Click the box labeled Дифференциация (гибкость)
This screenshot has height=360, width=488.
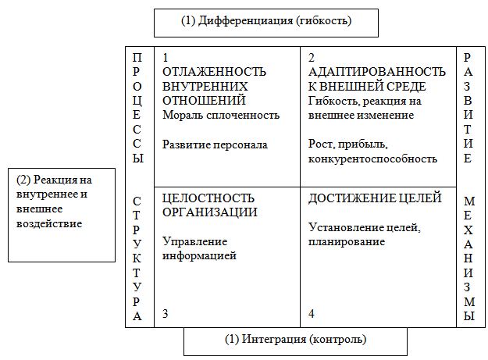coord(265,22)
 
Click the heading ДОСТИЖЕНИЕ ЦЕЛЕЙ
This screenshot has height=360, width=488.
coord(375,198)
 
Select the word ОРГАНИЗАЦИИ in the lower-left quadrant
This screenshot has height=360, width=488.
coord(210,212)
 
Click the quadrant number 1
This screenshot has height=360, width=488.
coord(166,58)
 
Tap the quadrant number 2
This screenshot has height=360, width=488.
coord(312,58)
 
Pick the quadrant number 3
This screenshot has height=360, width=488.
coord(166,313)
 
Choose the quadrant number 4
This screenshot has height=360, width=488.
coord(312,313)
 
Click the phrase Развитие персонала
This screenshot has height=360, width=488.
coord(215,144)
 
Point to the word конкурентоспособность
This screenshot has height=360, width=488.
coord(372,159)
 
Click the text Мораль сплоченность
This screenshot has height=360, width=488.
coord(221,115)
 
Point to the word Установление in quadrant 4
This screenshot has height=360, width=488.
coord(344,227)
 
